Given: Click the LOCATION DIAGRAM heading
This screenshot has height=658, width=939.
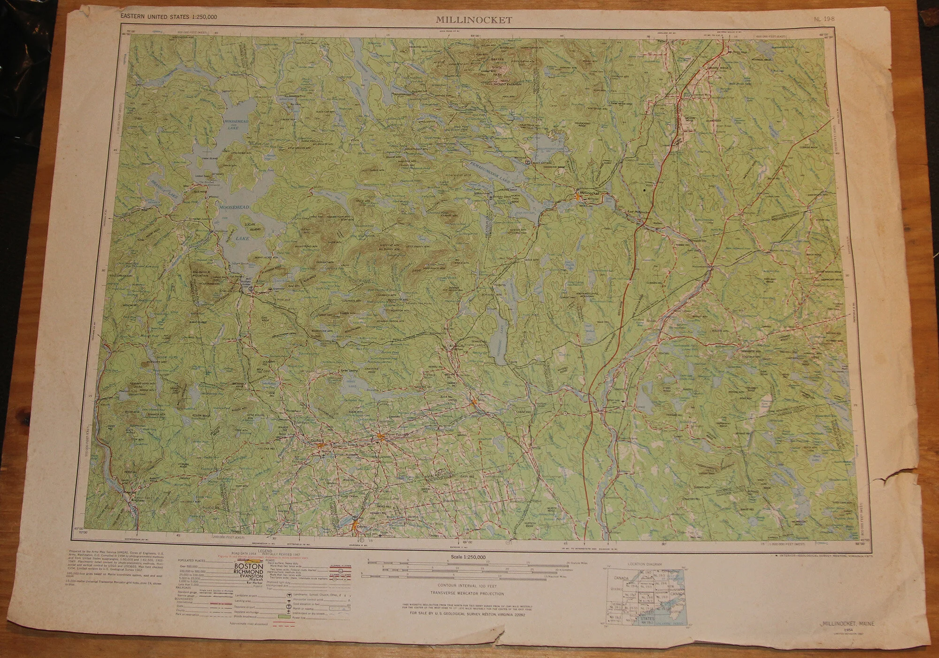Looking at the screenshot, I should click(644, 564).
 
